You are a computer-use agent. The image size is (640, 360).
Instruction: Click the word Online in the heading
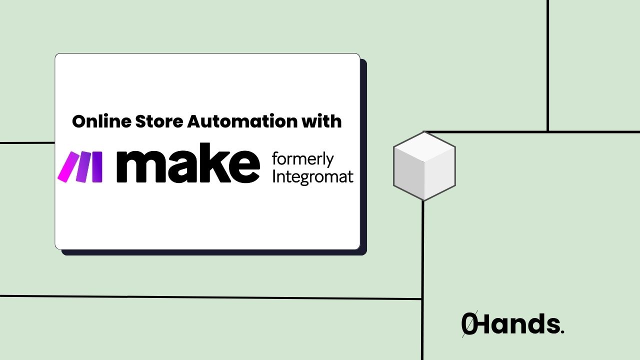tap(97, 121)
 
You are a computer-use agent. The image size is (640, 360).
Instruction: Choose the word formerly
tap(302, 160)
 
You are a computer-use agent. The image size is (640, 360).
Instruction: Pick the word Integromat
tap(312, 177)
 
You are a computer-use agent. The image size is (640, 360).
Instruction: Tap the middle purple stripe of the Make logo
tap(83, 166)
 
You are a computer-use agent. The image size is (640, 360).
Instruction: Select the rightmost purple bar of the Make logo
tap(97, 166)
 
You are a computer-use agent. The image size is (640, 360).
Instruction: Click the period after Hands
tap(562, 331)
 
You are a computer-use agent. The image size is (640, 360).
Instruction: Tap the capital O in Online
tap(79, 121)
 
